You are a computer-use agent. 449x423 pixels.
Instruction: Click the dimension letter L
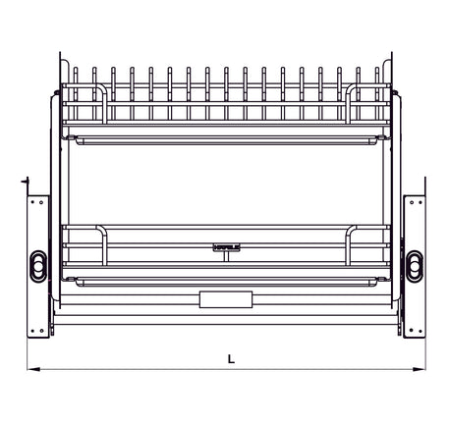(230, 359)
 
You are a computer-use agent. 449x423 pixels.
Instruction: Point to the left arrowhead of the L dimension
(30, 370)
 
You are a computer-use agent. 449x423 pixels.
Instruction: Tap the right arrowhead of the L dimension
(426, 370)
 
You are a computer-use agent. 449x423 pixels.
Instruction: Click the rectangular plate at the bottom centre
(225, 298)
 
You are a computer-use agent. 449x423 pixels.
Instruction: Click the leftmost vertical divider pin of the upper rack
(75, 83)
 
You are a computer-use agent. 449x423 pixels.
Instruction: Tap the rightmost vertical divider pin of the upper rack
(376, 83)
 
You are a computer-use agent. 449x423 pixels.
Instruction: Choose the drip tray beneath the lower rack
(225, 282)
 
